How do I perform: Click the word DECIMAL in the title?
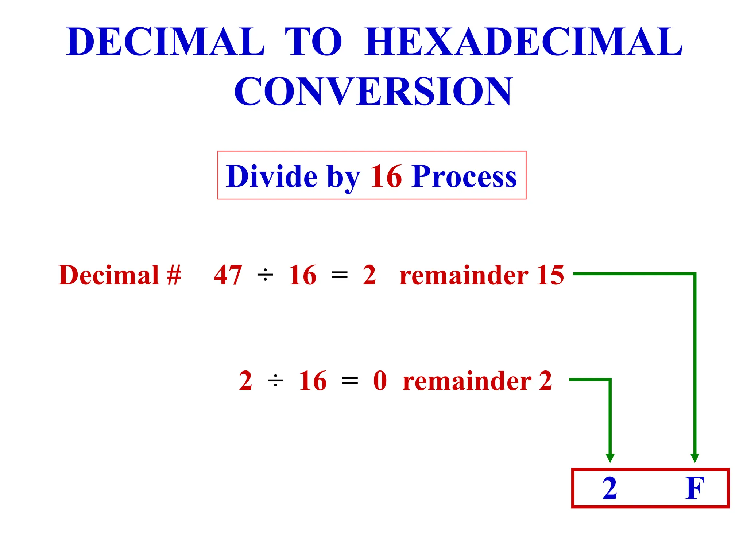(165, 42)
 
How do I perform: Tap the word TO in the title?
(313, 42)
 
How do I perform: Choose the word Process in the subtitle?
(464, 177)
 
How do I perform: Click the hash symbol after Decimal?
(174, 275)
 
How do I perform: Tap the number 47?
(228, 275)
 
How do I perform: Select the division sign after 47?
(265, 275)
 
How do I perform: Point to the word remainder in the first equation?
(464, 275)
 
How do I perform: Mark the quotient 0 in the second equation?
(380, 381)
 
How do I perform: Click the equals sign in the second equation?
(350, 381)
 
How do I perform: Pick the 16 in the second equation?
(313, 381)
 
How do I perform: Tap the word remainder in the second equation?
(467, 381)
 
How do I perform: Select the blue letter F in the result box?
(694, 488)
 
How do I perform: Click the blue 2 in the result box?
(609, 488)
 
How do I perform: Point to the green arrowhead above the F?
(695, 458)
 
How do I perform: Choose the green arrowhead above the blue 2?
(610, 458)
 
